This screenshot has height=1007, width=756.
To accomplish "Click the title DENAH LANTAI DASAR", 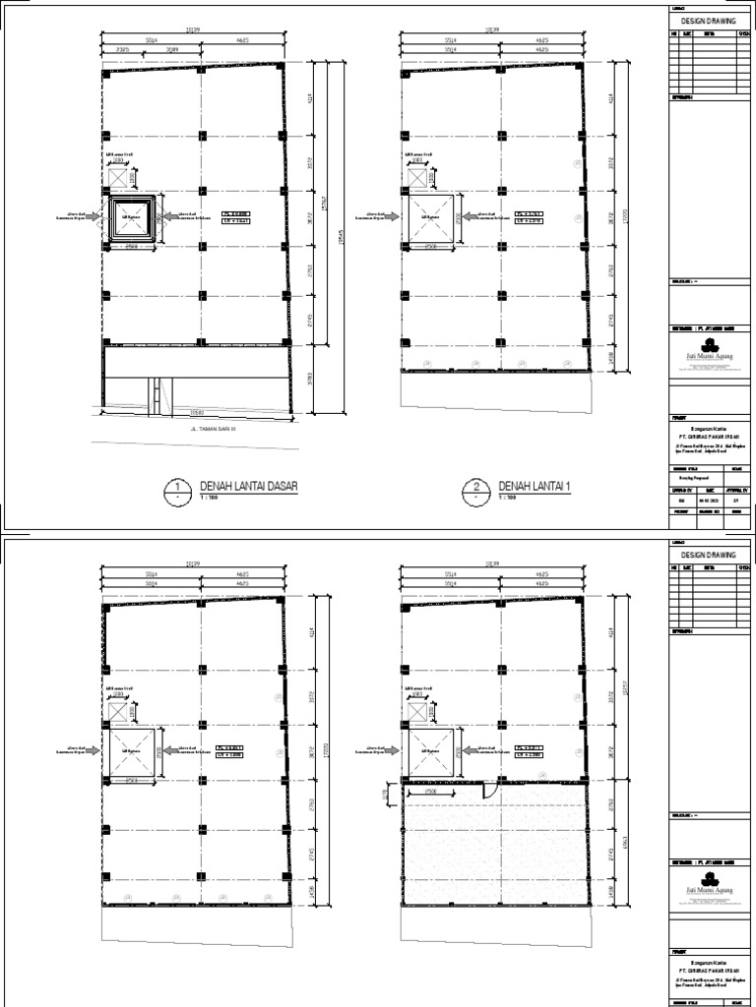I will (x=248, y=487).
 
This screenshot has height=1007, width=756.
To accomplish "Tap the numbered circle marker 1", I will (x=177, y=490).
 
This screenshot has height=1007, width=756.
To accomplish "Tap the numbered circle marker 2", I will (x=475, y=490).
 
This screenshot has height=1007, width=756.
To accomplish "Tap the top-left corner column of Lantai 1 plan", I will (x=404, y=72).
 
